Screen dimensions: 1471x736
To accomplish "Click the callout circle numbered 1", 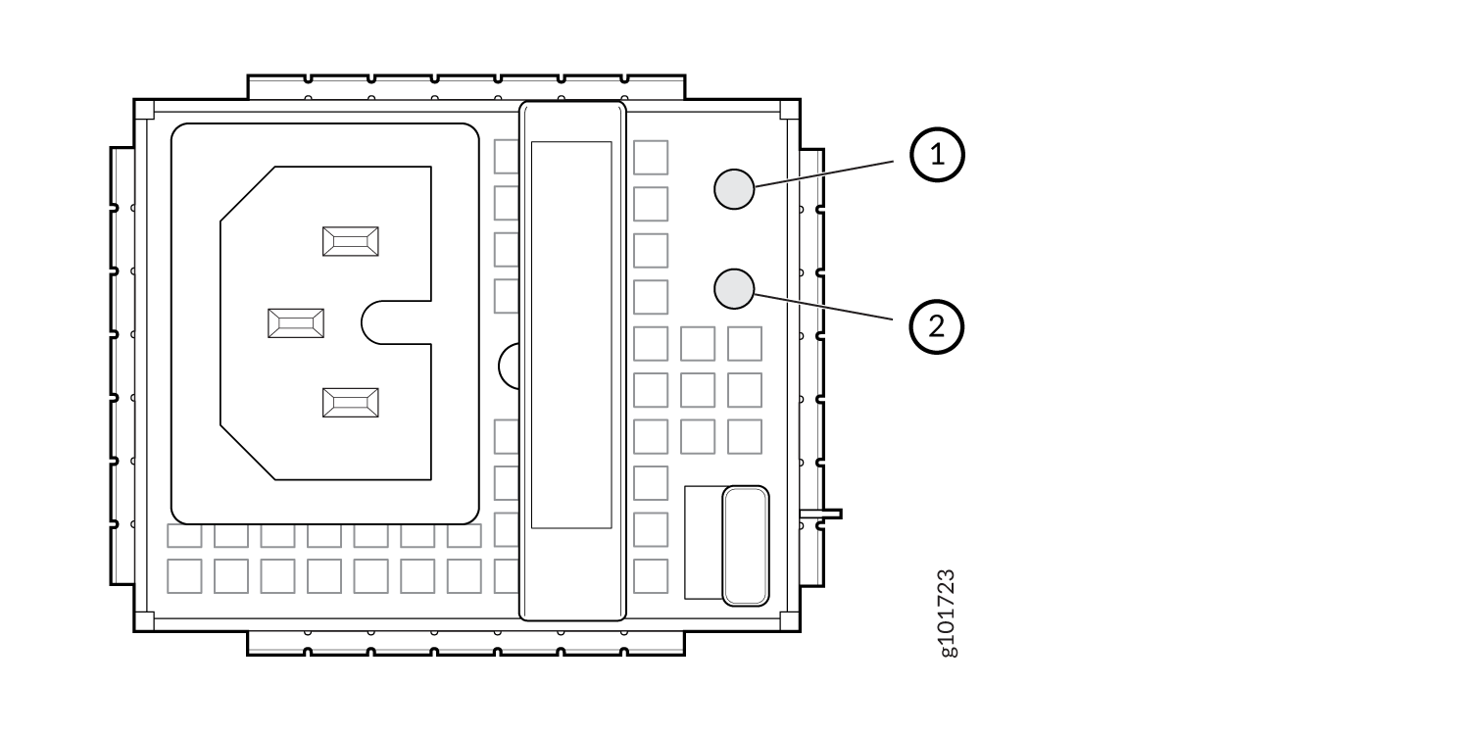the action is point(937,155).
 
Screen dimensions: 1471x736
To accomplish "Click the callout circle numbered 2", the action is point(937,327).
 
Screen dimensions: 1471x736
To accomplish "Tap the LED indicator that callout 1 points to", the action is point(734,189).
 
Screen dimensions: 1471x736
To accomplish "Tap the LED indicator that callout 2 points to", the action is point(734,289).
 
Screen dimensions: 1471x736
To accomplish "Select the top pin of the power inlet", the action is point(351,242).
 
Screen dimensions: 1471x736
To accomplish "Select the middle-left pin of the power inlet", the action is point(296,323).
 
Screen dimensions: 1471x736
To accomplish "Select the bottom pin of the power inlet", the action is point(351,403).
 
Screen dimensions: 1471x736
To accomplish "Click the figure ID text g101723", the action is point(947,613).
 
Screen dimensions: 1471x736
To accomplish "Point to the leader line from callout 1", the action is point(824,174).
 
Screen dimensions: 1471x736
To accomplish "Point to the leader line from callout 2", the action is point(823,307).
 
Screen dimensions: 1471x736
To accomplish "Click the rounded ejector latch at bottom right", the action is point(746,546).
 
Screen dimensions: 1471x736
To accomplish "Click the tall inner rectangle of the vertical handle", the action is point(571,335).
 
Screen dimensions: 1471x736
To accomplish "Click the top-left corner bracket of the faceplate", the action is point(144,110).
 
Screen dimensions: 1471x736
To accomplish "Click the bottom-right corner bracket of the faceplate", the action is point(789,621).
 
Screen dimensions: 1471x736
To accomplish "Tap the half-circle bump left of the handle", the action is point(509,367).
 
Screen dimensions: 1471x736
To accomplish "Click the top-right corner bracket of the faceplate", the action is point(789,110).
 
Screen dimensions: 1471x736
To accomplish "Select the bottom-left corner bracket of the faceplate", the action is point(144,621).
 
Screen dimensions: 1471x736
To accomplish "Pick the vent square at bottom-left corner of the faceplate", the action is point(184,576).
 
